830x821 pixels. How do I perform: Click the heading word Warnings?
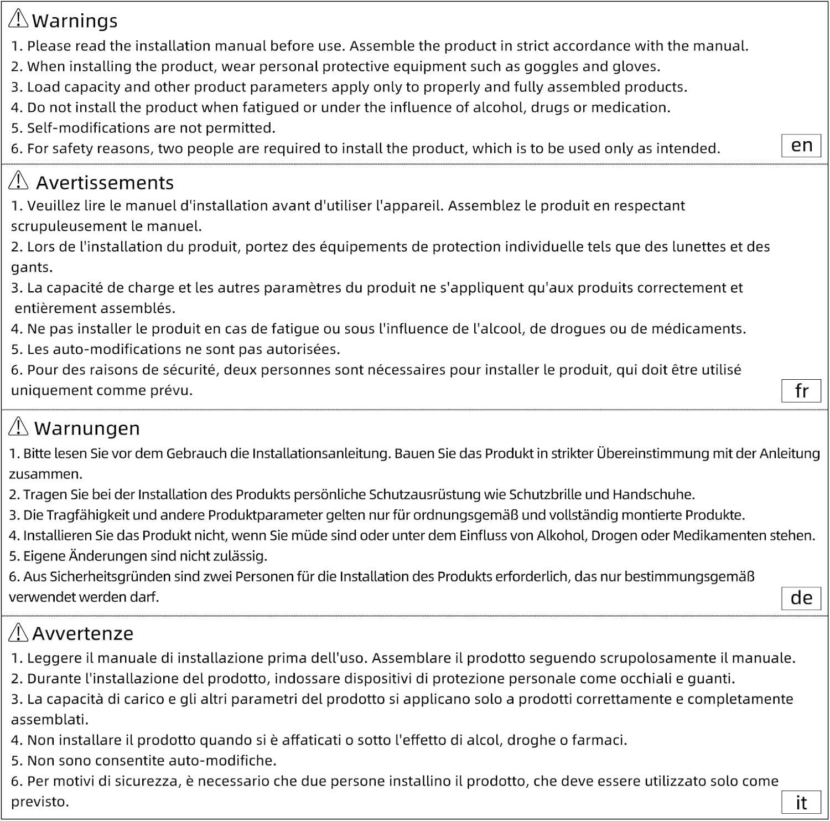[75, 21]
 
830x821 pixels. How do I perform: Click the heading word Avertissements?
[105, 183]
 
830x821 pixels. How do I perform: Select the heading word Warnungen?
[87, 428]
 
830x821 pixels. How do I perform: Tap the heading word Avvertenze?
[83, 633]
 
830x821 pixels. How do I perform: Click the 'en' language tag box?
[801, 146]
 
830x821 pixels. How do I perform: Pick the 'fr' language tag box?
[801, 391]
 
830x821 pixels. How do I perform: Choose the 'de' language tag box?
[801, 598]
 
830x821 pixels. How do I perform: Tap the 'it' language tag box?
[801, 802]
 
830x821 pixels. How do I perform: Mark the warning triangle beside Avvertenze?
[18, 632]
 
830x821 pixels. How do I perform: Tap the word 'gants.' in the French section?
[32, 268]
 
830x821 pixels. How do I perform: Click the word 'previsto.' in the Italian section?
[40, 802]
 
